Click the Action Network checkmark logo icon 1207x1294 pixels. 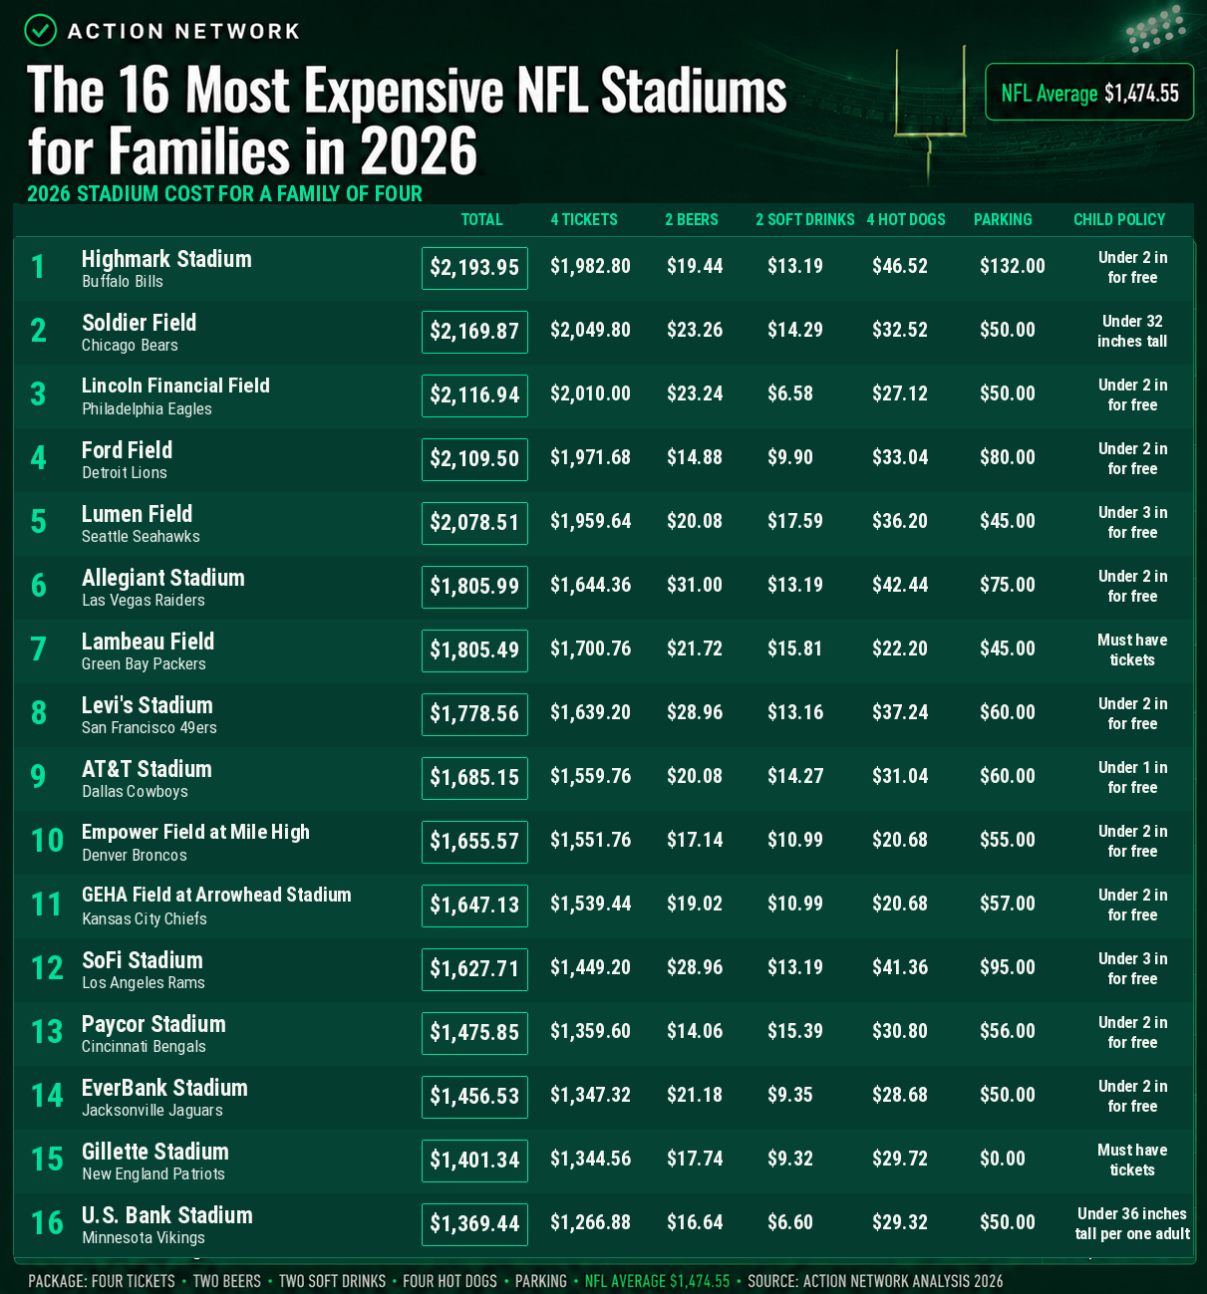[x=41, y=30]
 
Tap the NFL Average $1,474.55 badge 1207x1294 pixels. [x=1089, y=92]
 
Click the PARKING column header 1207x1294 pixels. [x=1003, y=219]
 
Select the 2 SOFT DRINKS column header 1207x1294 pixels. [x=804, y=219]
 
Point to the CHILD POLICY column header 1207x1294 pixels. [x=1119, y=219]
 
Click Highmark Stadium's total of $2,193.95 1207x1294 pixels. [x=474, y=268]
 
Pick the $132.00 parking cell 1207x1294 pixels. [x=1012, y=266]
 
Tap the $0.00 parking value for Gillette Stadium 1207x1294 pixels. [x=1003, y=1158]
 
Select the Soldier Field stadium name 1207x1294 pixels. [x=139, y=323]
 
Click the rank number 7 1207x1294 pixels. [x=39, y=648]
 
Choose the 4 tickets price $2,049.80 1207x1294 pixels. [x=590, y=330]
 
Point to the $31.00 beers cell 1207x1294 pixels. [x=695, y=585]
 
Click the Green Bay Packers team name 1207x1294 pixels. [x=144, y=664]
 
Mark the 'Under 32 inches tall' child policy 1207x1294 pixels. [x=1132, y=331]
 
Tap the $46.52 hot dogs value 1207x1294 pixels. [x=900, y=266]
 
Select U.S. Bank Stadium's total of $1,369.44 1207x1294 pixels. [x=474, y=1224]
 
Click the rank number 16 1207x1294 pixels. [x=47, y=1222]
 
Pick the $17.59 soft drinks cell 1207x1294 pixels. [x=795, y=521]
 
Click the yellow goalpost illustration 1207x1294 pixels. [x=930, y=114]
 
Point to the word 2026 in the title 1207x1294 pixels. [x=419, y=151]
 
